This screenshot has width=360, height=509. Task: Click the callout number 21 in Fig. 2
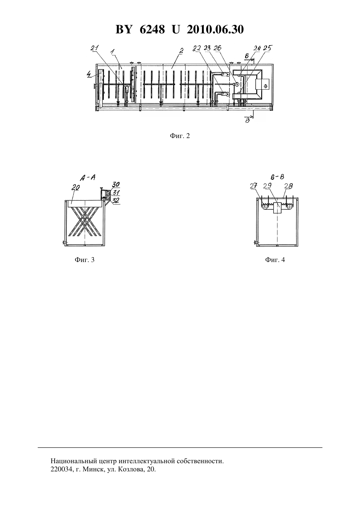95,48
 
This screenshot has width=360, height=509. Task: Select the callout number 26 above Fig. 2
217,48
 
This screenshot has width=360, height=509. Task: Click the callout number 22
197,48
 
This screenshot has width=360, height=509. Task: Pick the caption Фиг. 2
180,136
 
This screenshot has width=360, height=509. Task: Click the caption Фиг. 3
84,260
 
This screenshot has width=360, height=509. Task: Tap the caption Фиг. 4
275,260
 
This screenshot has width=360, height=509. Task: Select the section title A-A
88,178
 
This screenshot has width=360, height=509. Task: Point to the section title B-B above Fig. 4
278,177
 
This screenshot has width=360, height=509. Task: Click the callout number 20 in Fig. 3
76,187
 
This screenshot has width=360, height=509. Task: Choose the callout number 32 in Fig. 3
116,201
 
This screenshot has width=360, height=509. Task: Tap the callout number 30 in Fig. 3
116,184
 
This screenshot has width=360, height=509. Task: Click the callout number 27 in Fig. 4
253,186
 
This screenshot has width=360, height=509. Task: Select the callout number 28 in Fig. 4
289,186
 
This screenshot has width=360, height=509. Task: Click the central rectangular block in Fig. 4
278,208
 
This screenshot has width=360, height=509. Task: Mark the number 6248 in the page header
152,29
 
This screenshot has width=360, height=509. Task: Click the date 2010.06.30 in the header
215,29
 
